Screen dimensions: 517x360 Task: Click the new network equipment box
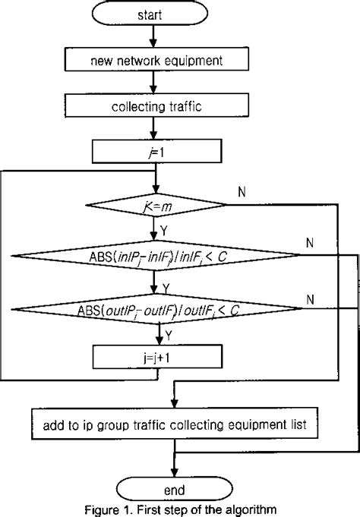click(x=155, y=59)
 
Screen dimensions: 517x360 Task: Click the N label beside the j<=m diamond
click(x=242, y=191)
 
